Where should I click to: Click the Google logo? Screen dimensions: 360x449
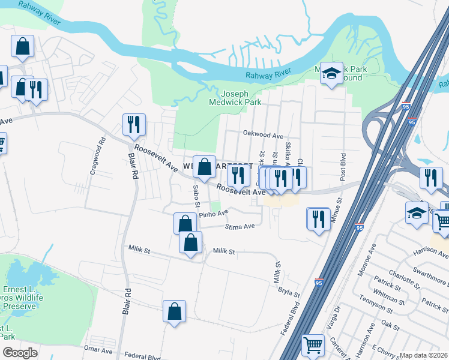pyautogui.click(x=19, y=353)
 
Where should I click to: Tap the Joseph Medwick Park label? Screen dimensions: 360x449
pyautogui.click(x=243, y=98)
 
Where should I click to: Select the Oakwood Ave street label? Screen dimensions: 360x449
pyautogui.click(x=262, y=136)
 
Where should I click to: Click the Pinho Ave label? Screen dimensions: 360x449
pyautogui.click(x=214, y=213)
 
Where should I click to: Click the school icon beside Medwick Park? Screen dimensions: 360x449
pyautogui.click(x=331, y=73)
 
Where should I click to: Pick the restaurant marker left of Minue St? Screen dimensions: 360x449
pyautogui.click(x=318, y=218)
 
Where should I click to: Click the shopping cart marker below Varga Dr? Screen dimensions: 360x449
pyautogui.click(x=313, y=345)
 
